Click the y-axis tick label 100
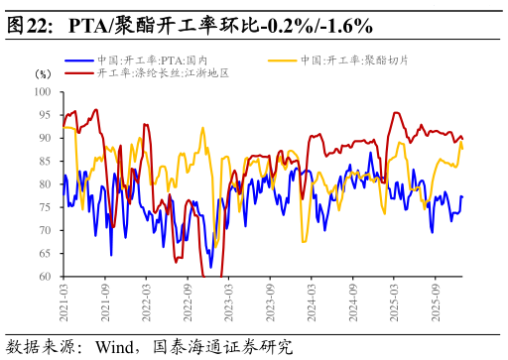click(x=43, y=92)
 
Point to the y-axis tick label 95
click(x=45, y=115)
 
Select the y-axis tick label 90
click(x=45, y=138)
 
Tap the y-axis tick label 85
click(x=45, y=162)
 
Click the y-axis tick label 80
click(x=45, y=184)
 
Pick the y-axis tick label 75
click(x=45, y=207)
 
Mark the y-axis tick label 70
click(x=45, y=231)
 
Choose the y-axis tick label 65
click(x=45, y=254)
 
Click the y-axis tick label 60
click(x=45, y=277)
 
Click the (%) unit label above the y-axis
click(x=43, y=74)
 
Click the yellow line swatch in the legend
click(x=283, y=60)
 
